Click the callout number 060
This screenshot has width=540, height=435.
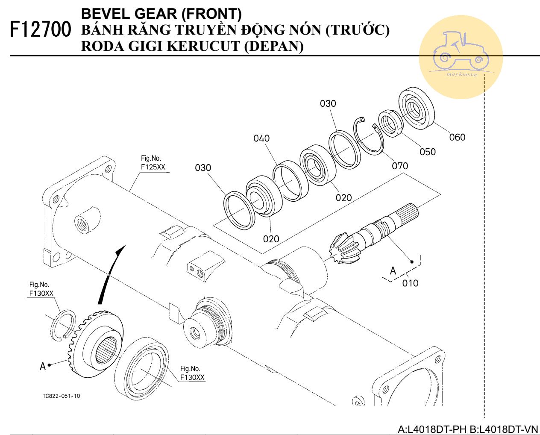point(457,137)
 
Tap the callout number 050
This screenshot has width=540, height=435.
point(427,152)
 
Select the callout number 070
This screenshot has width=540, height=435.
point(400,166)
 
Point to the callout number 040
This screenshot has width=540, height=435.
point(261,138)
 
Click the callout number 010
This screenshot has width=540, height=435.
point(410,283)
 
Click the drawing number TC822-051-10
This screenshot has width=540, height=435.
point(61,396)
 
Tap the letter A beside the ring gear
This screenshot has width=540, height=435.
point(42,366)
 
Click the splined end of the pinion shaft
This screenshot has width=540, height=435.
point(408,214)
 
